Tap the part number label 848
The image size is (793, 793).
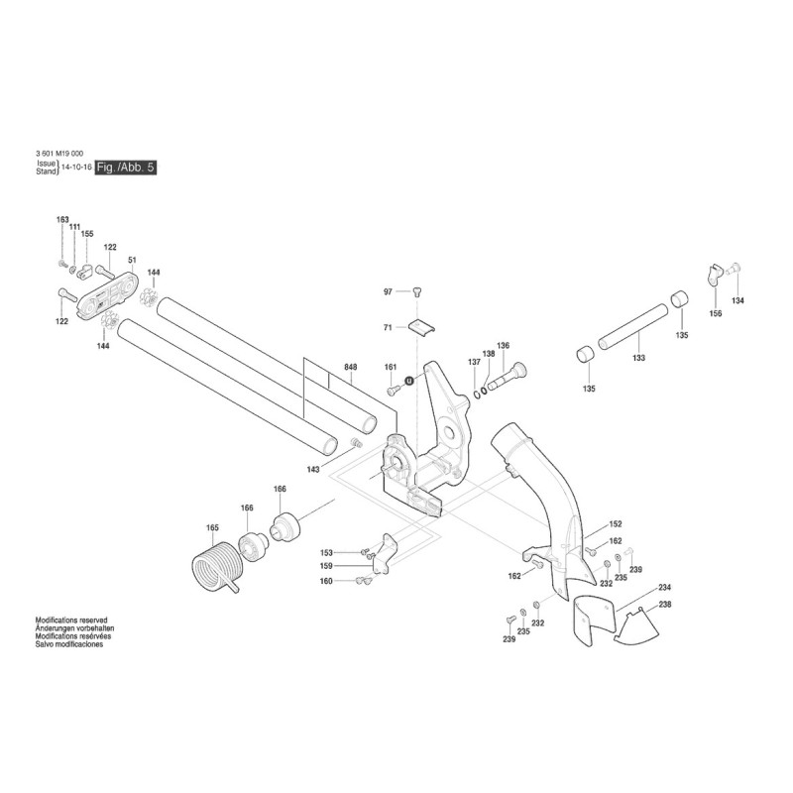(350, 368)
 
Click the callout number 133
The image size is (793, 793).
(639, 358)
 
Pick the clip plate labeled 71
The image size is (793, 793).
(423, 326)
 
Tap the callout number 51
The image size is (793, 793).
(131, 261)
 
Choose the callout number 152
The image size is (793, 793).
(615, 523)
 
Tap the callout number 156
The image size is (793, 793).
(716, 313)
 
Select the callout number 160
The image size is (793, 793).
(326, 581)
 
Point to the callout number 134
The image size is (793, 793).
(737, 300)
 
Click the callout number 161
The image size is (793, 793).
(391, 368)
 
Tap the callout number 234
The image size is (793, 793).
(664, 588)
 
